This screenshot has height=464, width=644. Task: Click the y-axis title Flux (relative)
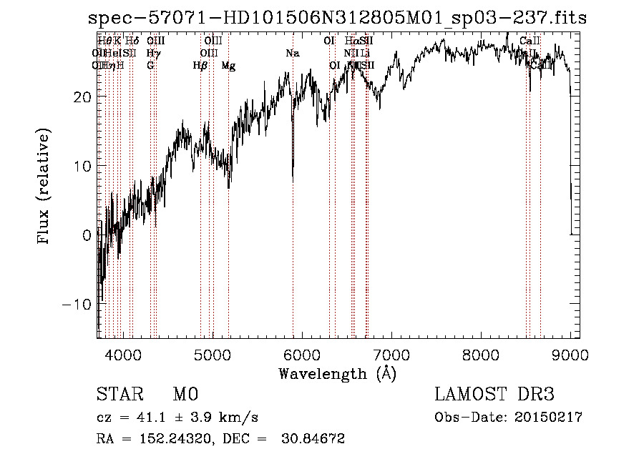coord(44,187)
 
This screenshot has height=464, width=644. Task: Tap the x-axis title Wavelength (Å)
coord(337,373)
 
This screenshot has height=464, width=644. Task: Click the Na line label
coord(292,54)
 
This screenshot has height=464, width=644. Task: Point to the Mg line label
coord(228,66)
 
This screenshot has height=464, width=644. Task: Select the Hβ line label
coord(200,66)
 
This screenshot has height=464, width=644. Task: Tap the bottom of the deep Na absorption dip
coord(293,179)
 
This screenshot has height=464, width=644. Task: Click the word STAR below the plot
coord(118,395)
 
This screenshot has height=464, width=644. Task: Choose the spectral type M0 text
coord(185,395)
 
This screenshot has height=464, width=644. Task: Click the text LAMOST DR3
coord(494,395)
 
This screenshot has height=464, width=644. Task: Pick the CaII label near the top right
coord(530,41)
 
